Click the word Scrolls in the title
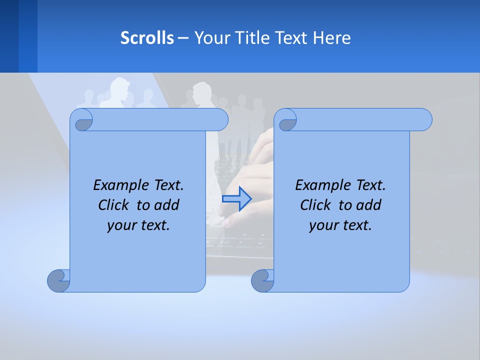147,38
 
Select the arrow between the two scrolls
236,199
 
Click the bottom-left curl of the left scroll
58,280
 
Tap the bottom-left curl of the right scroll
262,280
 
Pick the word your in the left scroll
119,225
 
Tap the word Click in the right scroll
315,205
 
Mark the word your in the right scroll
321,225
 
